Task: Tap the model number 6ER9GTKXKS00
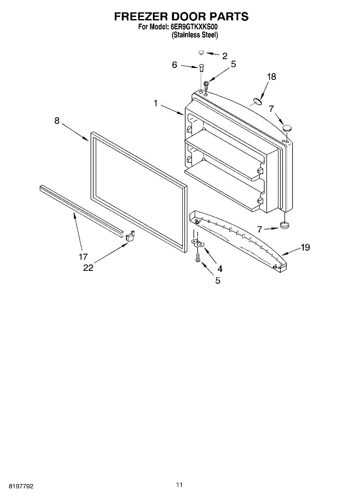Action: pos(194,27)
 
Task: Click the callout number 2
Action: pos(225,56)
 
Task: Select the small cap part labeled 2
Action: pos(201,53)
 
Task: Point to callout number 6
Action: pos(174,65)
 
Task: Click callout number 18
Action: pos(271,77)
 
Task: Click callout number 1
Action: pos(156,104)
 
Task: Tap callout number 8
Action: pos(57,121)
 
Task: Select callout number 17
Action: pos(83,257)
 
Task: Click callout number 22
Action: pos(88,268)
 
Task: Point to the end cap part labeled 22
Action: pos(130,236)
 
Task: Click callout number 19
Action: pos(305,248)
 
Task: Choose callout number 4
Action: pos(220,269)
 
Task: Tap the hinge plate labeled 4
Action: pos(198,243)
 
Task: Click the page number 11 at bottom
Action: pos(179,485)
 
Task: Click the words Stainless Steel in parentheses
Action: pos(195,35)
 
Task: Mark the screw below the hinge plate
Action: pos(198,258)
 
